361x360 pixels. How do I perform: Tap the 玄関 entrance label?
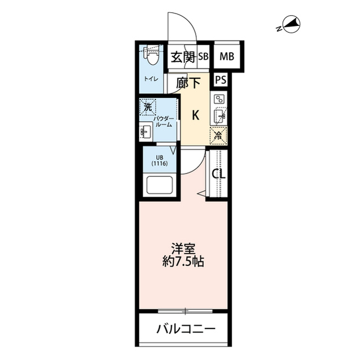click(x=183, y=56)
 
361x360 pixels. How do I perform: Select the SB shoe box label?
click(x=202, y=56)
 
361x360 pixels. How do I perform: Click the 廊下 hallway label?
click(x=188, y=83)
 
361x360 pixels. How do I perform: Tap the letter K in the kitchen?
click(x=195, y=115)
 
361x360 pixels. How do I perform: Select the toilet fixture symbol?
click(x=151, y=56)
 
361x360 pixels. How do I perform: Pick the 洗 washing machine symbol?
click(x=148, y=106)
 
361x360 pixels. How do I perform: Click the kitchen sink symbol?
click(x=219, y=117)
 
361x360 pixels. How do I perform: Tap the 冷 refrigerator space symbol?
click(x=218, y=135)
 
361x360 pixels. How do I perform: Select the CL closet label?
click(x=218, y=174)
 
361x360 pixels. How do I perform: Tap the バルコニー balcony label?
click(x=185, y=329)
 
